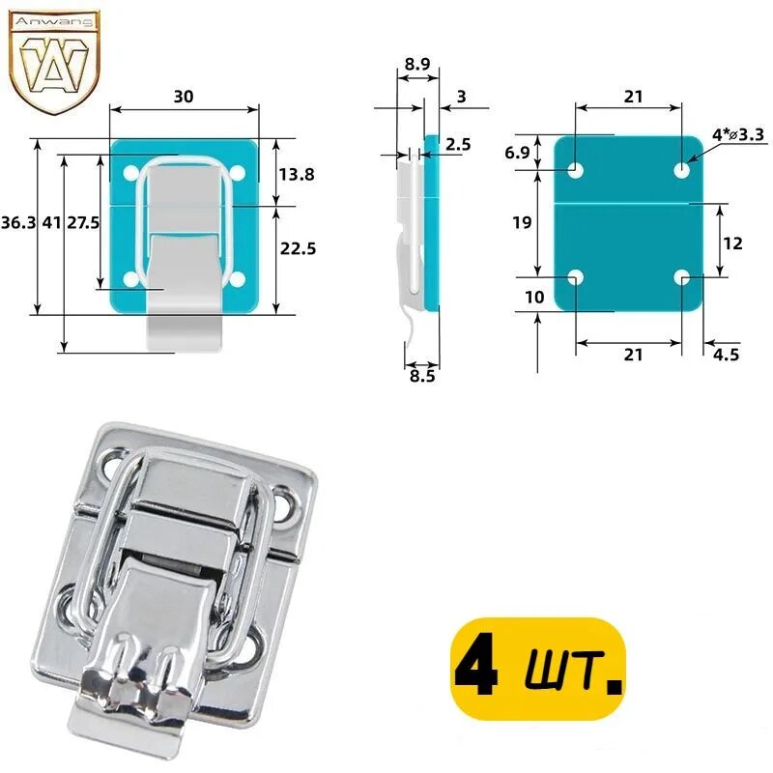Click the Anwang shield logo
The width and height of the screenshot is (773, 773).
[x=55, y=62]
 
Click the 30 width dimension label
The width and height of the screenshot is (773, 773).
[x=184, y=96]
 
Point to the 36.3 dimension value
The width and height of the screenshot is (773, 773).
[x=18, y=222]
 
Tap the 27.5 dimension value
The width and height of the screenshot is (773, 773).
[x=83, y=222]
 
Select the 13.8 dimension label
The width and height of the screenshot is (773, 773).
[x=297, y=174]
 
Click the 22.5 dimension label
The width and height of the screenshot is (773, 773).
[x=298, y=248]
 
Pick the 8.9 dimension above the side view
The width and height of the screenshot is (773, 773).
[x=417, y=64]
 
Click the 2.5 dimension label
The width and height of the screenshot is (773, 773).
[x=458, y=144]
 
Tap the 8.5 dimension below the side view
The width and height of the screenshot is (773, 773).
[x=422, y=376]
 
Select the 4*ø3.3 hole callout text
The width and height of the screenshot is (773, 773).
[x=738, y=134]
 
